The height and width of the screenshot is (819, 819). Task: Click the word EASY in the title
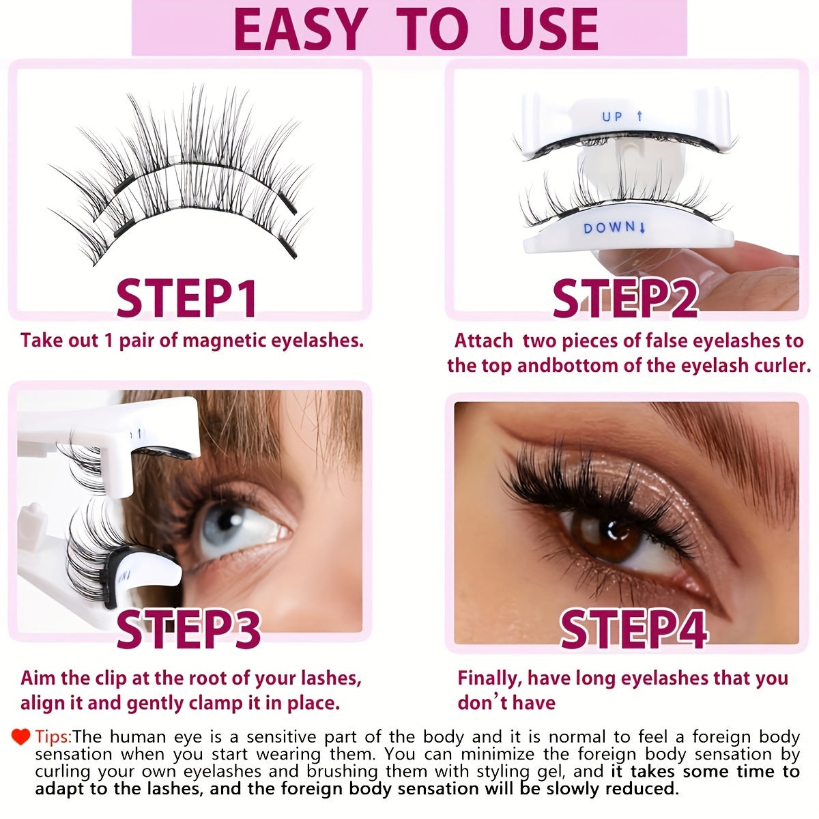coord(298,29)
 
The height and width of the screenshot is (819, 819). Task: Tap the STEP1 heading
coord(186,298)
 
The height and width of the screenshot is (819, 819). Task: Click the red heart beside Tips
coord(21,736)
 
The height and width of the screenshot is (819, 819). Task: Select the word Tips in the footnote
coord(52,737)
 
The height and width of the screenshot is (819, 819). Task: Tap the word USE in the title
coord(543,29)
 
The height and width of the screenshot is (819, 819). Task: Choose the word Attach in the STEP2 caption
coord(483,340)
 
